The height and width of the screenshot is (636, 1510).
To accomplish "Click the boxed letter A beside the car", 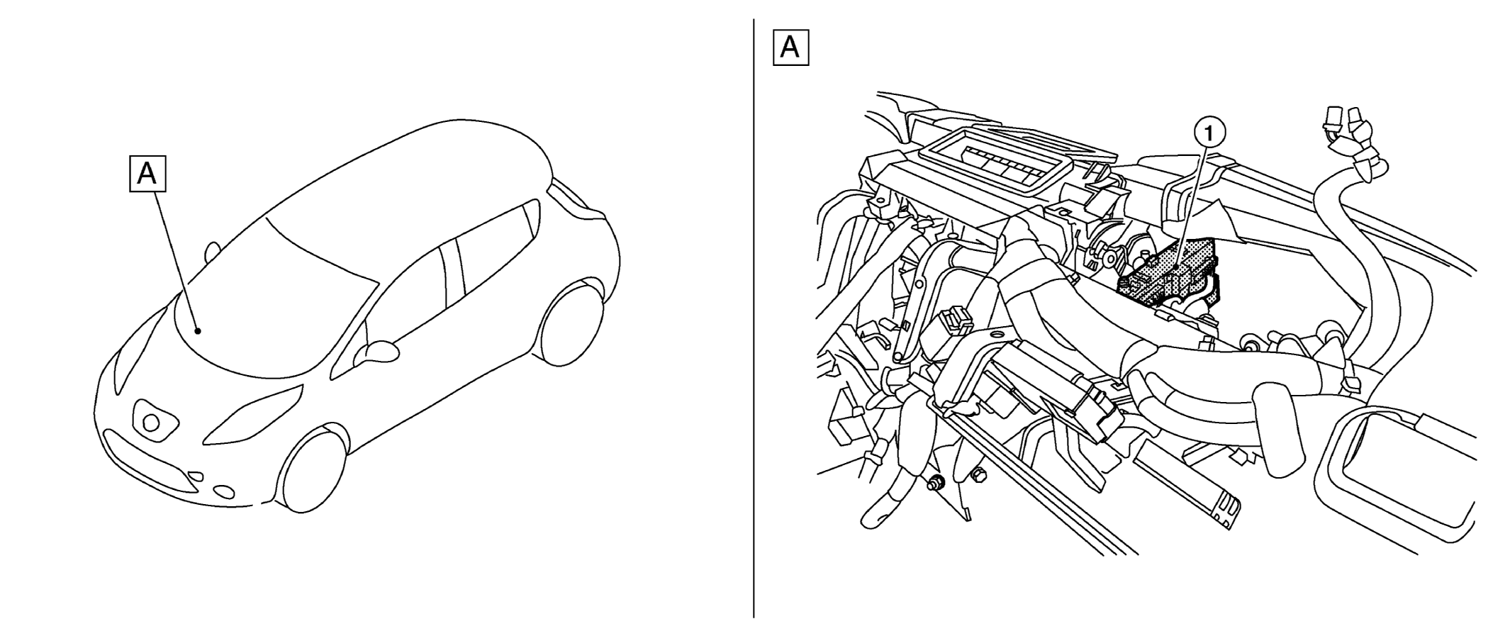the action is click(147, 174).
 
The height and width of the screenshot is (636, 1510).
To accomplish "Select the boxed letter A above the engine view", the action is click(790, 48).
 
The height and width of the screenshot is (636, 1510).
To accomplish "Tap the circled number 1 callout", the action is click(1210, 133).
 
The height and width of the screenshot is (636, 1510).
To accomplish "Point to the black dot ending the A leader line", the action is click(199, 330).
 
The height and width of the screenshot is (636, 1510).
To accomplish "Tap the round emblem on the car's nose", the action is click(152, 423).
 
